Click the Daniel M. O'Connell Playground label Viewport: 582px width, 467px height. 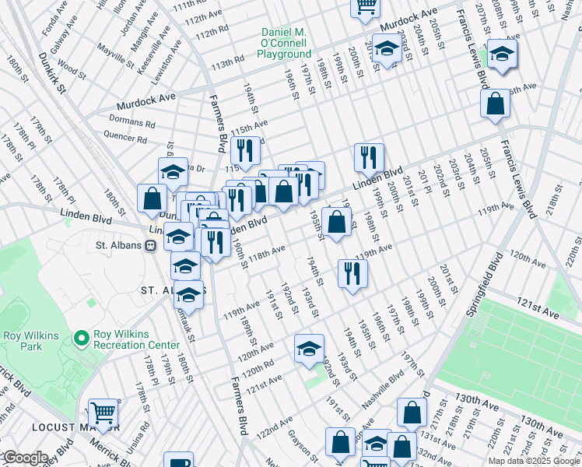click(x=285, y=44)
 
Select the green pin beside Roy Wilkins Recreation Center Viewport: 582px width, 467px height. click(x=81, y=339)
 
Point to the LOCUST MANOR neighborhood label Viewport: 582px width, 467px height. click(x=75, y=427)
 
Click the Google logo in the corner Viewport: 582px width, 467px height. click(x=25, y=457)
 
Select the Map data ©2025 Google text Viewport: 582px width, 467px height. click(x=534, y=461)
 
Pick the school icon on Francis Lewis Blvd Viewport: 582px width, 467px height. click(x=502, y=54)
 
